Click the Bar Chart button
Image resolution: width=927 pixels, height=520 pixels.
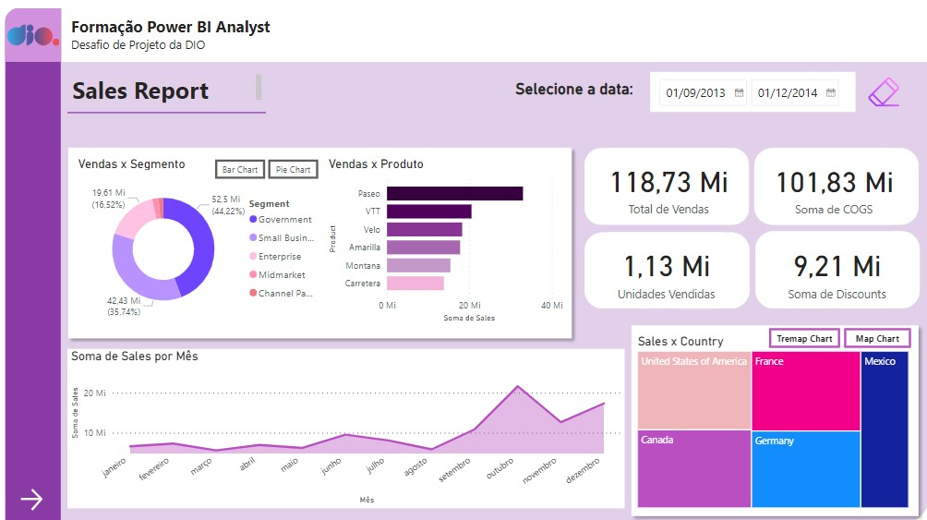pos(240,170)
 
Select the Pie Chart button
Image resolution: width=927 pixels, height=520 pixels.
pos(293,170)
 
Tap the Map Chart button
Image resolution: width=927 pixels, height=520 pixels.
pos(876,339)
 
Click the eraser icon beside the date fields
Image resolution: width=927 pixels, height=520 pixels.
pos(884,91)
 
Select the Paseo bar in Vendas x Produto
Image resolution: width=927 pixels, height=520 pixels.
pos(454,193)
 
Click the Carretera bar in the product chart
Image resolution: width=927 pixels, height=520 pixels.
pos(415,283)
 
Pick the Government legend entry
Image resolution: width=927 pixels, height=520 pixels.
pos(284,220)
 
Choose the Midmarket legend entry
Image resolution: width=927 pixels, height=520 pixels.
pos(282,274)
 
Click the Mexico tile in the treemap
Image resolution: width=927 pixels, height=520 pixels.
pos(890,429)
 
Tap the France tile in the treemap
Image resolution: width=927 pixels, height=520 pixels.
pos(805,391)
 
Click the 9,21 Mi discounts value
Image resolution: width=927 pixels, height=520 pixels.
pos(838,266)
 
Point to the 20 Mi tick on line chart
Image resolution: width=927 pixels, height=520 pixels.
pos(95,393)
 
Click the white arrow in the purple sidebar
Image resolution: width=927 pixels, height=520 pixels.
pos(32,500)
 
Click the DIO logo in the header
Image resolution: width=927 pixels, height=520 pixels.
pos(32,35)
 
